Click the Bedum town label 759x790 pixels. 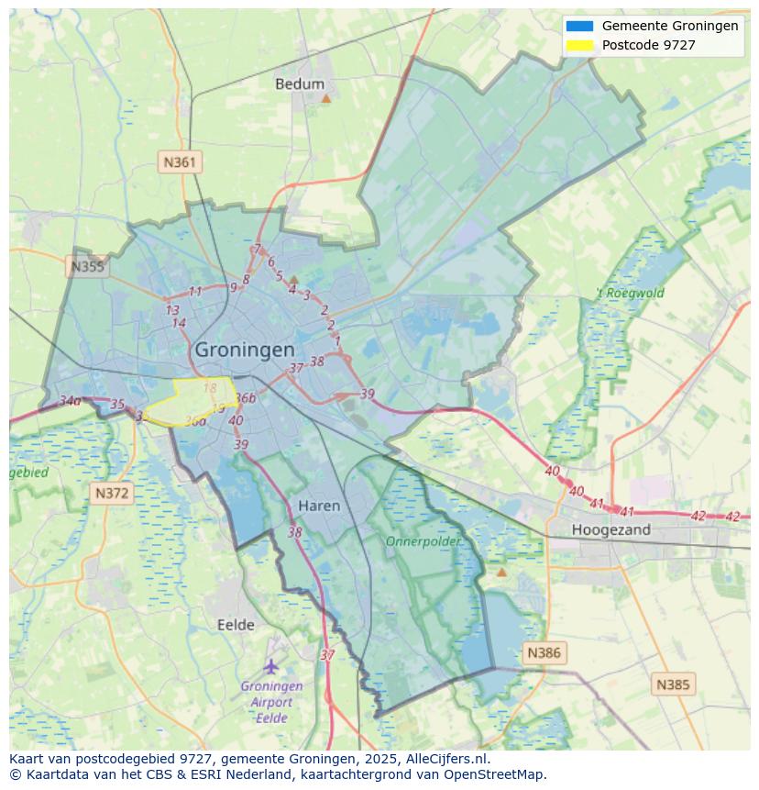[x=300, y=84]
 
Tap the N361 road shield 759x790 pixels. [x=179, y=162]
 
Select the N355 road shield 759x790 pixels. [x=87, y=267]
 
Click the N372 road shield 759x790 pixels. [x=112, y=494]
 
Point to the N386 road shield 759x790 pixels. [x=543, y=653]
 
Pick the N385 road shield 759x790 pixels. [x=674, y=684]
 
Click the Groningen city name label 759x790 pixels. [x=245, y=350]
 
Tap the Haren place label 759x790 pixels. [x=319, y=506]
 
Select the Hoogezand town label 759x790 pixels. [x=610, y=529]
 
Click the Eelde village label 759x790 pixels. [x=236, y=625]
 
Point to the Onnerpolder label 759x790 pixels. [x=423, y=541]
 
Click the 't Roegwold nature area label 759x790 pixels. [x=630, y=294]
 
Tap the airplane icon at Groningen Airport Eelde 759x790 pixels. [x=270, y=666]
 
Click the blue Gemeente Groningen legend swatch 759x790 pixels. [x=579, y=26]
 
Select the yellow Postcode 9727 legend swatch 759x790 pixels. [x=579, y=45]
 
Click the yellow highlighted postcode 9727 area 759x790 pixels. [x=192, y=400]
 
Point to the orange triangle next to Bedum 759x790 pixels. [x=325, y=96]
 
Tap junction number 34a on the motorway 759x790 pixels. [x=70, y=401]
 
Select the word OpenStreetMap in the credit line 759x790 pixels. [x=495, y=774]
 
